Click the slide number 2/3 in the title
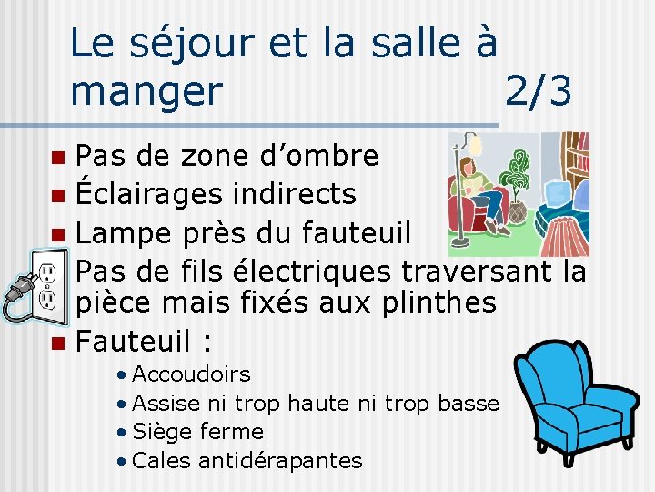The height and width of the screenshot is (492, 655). click(539, 91)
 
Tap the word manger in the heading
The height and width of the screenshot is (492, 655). click(146, 91)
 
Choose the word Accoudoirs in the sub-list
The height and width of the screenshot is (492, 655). click(191, 374)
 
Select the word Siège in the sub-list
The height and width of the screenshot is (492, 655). click(165, 432)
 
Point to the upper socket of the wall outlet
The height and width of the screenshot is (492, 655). click(46, 271)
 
